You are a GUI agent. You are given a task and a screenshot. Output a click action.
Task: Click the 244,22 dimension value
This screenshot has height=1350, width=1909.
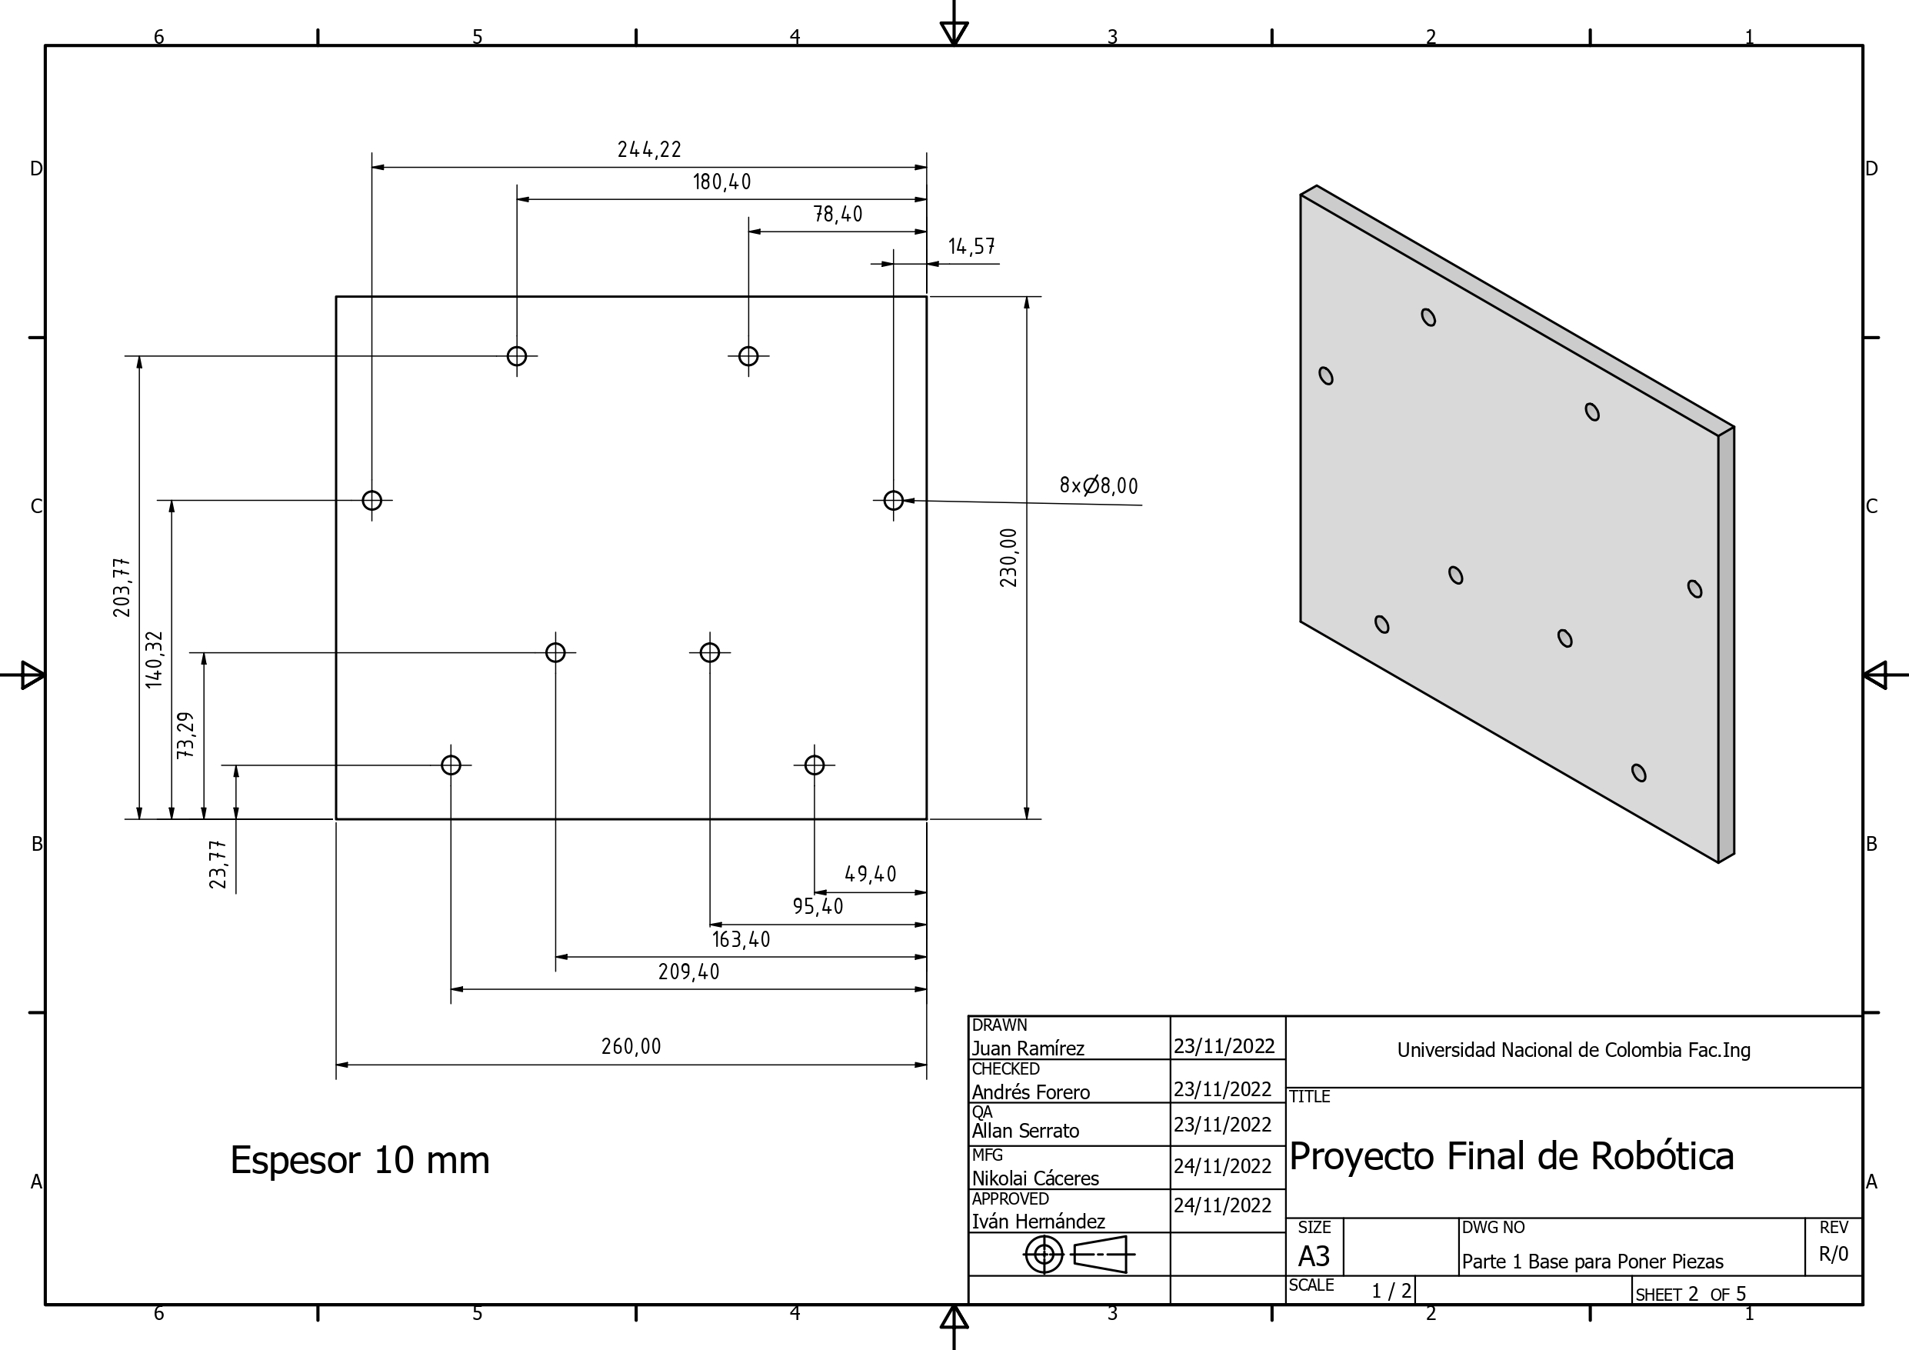648,150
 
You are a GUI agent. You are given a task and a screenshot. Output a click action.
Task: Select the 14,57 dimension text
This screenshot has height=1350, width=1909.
971,246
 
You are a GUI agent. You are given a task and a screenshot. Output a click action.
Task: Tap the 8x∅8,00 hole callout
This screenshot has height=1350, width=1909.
1098,485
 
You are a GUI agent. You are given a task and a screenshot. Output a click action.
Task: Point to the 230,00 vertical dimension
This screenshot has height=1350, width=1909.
1008,557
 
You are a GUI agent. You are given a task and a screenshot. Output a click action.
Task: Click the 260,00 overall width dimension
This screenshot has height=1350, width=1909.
631,1046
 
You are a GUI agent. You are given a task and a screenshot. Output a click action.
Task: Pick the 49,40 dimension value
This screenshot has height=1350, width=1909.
870,874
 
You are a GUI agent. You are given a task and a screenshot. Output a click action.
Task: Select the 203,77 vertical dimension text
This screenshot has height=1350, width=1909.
122,587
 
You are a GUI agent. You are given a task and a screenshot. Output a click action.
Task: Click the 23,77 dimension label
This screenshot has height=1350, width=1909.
218,865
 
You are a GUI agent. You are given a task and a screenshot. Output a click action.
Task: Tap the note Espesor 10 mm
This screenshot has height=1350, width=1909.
359,1159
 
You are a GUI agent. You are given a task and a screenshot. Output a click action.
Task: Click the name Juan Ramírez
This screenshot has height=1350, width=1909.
1028,1048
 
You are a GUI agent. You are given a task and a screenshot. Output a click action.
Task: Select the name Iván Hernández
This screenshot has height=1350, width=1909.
1038,1221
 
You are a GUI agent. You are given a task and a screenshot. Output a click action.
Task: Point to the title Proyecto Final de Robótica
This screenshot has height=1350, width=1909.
1511,1156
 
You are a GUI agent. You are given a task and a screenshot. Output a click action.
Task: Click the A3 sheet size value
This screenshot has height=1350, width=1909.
1314,1255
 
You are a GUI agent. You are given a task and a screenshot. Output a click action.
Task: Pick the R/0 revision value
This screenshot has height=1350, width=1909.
1833,1254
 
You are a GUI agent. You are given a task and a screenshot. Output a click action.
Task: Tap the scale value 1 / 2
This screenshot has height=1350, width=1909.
1391,1291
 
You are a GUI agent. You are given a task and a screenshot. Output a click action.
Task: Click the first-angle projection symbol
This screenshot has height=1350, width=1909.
1078,1254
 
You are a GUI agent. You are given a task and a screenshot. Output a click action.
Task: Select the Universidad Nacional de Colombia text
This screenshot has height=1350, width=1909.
1573,1050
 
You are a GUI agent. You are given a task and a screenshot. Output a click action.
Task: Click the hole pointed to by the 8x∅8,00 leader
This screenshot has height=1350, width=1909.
893,501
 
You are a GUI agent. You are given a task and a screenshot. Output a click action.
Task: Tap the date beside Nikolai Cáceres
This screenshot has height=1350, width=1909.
1222,1166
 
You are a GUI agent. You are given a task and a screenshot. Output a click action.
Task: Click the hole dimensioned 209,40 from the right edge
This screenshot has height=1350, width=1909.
451,765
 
